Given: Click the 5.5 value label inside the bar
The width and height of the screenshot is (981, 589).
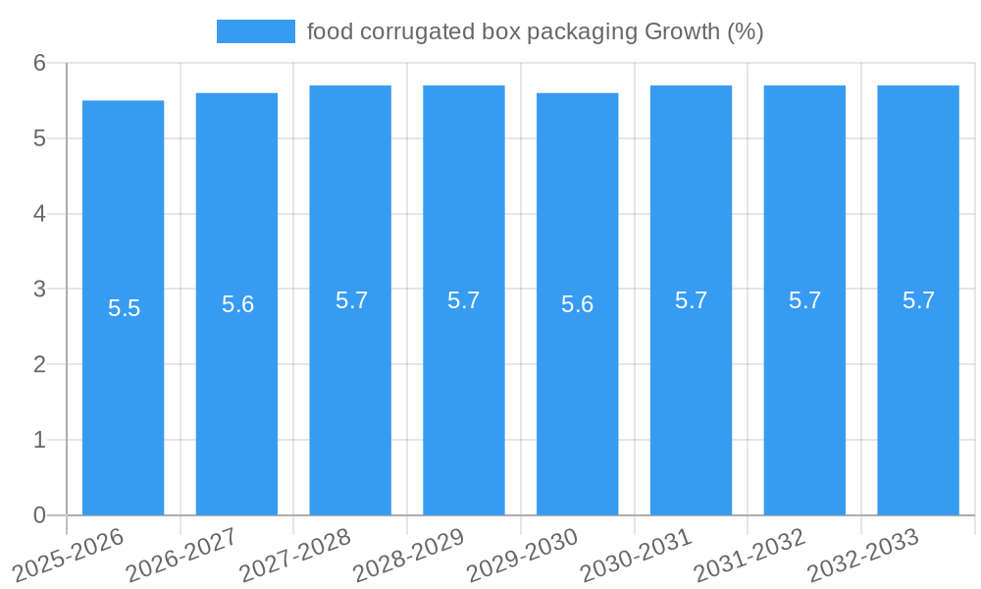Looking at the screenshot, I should pyautogui.click(x=124, y=308).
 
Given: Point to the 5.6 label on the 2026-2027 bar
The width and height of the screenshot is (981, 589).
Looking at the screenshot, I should pyautogui.click(x=237, y=304).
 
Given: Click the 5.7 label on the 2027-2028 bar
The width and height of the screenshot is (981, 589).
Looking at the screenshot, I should pyautogui.click(x=351, y=300).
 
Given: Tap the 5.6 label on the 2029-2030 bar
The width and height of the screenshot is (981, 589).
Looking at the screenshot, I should pyautogui.click(x=577, y=304).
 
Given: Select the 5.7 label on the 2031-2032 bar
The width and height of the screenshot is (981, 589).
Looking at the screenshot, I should pyautogui.click(x=804, y=300).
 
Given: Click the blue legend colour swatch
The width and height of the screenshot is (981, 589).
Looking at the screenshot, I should pyautogui.click(x=255, y=31).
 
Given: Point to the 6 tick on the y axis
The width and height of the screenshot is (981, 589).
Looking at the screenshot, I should pyautogui.click(x=39, y=63).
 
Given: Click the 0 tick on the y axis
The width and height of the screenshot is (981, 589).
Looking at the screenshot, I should pyautogui.click(x=39, y=515).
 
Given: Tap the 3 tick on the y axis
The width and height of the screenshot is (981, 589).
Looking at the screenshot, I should pyautogui.click(x=39, y=289).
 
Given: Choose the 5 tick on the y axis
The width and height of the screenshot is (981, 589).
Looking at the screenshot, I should pyautogui.click(x=39, y=138).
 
